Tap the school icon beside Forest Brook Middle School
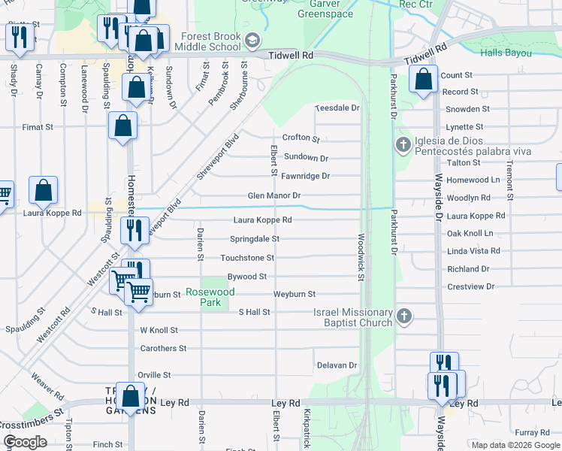[x=252, y=40]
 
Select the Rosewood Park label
[x=210, y=297]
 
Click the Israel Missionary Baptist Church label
[x=353, y=317]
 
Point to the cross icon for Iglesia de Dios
[x=403, y=144]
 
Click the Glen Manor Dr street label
[x=274, y=196]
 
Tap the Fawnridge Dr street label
[x=305, y=176]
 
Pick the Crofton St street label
[x=301, y=138]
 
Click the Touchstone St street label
[x=246, y=258]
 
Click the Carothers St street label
[x=163, y=348]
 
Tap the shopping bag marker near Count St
[x=424, y=80]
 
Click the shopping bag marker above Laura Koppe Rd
[x=44, y=191]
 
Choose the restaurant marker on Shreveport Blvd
[x=134, y=230]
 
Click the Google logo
[x=25, y=442]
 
